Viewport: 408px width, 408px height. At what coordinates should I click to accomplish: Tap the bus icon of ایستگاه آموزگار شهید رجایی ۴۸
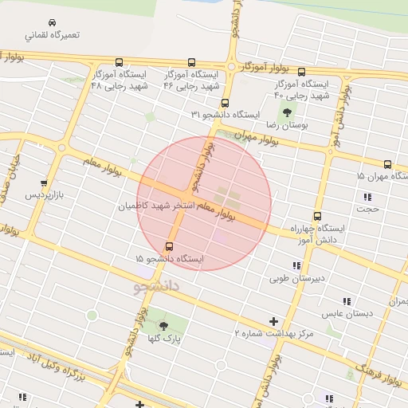119,62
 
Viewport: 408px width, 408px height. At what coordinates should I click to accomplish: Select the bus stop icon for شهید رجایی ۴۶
191,62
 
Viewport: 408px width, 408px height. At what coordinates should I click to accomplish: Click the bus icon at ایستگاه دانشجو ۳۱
225,103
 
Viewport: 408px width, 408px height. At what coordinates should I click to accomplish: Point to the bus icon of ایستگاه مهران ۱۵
387,164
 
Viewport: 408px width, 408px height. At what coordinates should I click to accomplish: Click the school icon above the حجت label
367,196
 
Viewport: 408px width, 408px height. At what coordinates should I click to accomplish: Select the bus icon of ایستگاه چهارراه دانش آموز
317,216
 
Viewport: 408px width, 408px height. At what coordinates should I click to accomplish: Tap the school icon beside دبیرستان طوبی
296,265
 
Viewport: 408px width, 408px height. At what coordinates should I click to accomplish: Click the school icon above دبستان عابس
347,301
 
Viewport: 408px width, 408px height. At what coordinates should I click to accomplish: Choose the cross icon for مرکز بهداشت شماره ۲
274,322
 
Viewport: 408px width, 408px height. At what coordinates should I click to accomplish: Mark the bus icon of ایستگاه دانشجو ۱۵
169,246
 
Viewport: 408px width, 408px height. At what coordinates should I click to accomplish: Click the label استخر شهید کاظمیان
156,206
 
